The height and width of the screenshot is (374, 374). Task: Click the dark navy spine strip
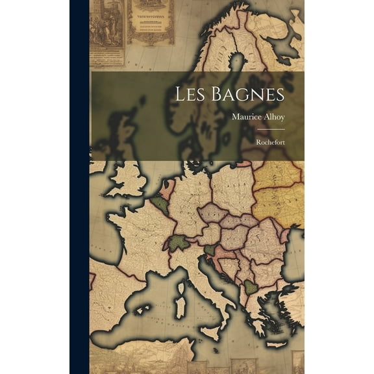[x=79, y=187]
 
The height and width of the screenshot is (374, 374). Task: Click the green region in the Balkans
[x=251, y=286]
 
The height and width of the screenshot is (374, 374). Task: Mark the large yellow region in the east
[x=279, y=188]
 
